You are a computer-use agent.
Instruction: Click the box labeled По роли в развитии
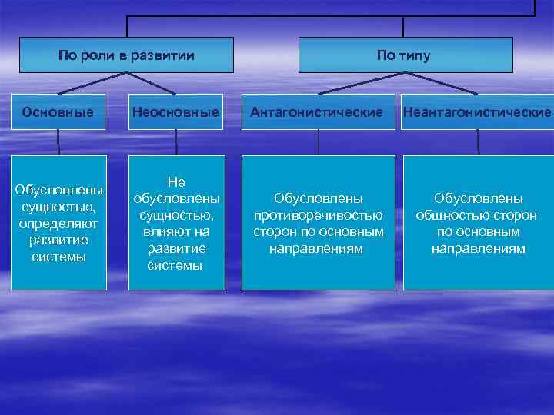[x=126, y=55]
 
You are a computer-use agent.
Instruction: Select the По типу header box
[x=405, y=55]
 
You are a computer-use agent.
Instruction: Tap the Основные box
[x=58, y=112]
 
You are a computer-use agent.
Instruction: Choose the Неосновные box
[x=175, y=112]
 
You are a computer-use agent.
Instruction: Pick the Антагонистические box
[x=318, y=112]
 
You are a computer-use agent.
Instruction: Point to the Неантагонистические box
[x=478, y=112]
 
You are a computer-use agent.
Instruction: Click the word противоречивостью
[x=319, y=215]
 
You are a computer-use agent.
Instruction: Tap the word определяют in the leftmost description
[x=58, y=224]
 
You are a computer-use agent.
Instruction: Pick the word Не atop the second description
[x=176, y=181]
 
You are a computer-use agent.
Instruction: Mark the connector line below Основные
[x=58, y=142]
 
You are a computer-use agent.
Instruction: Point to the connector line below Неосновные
[x=176, y=142]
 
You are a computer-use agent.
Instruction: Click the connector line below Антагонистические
[x=319, y=142]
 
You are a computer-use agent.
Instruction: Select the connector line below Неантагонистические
[x=478, y=142]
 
